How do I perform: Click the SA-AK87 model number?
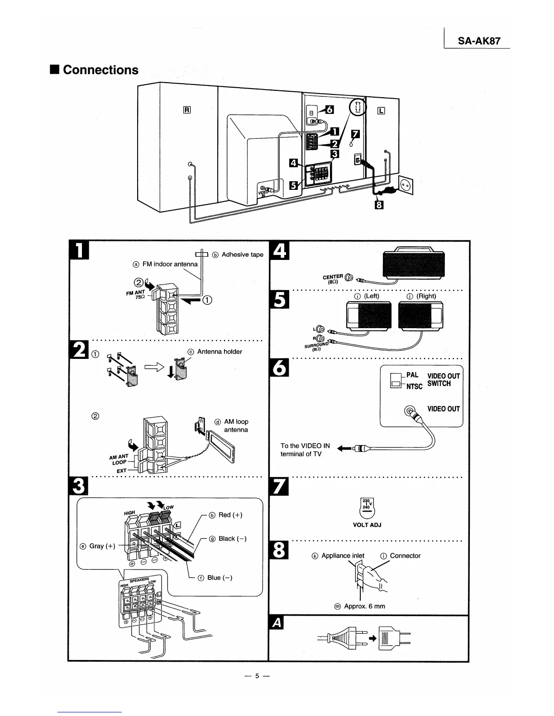tap(479, 41)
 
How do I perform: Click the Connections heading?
tap(100, 70)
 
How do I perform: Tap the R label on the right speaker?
tap(187, 109)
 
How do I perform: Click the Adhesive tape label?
tap(242, 254)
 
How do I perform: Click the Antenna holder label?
tap(219, 352)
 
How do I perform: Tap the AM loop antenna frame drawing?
tap(221, 447)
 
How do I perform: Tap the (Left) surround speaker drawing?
tap(368, 316)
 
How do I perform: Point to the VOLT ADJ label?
tap(367, 525)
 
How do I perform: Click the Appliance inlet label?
tap(343, 556)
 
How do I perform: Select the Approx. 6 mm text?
tap(364, 606)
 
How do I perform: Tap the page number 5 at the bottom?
tap(256, 676)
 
